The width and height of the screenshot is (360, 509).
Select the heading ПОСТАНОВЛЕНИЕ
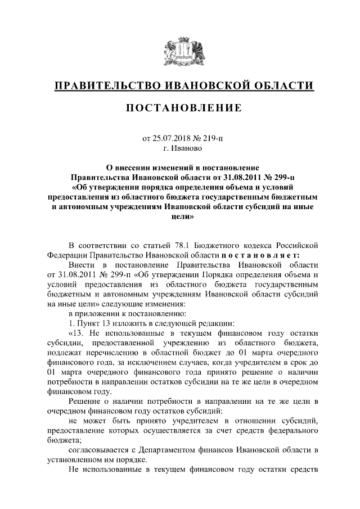point(179,108)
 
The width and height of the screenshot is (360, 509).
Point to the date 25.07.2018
point(172,139)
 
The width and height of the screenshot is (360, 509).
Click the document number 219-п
point(212,139)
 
